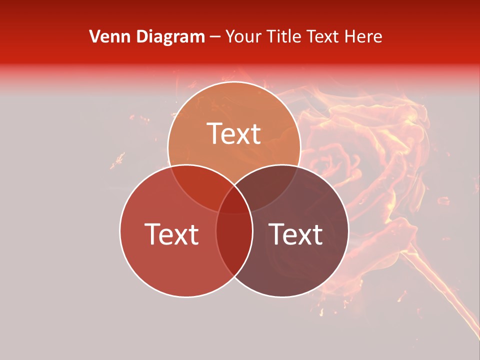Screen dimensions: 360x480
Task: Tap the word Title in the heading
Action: [x=284, y=36]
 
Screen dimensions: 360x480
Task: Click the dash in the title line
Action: [x=215, y=37]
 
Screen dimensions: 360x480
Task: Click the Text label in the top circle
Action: [x=234, y=133]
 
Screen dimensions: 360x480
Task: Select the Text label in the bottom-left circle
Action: [x=171, y=234]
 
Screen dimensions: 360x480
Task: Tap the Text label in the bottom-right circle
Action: [x=295, y=234]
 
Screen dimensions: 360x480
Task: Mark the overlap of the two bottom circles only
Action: [x=234, y=245]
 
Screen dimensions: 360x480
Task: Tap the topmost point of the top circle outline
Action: [x=234, y=81]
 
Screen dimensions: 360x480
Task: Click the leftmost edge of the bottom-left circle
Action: [x=119, y=230]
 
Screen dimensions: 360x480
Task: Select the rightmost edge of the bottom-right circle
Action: [x=348, y=230]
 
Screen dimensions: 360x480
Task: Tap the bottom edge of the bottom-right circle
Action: [x=282, y=297]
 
